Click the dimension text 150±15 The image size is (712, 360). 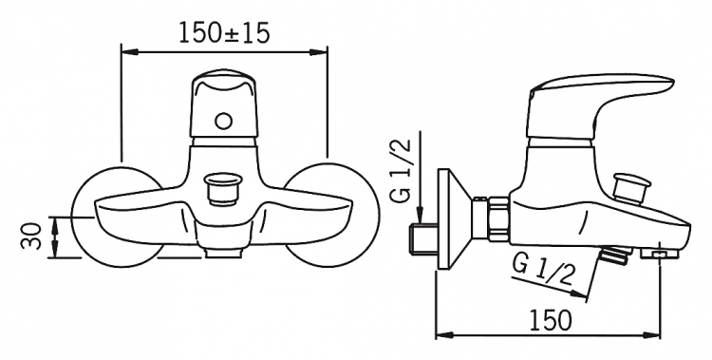tap(224, 32)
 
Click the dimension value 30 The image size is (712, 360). tap(31, 237)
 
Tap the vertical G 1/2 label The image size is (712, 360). tap(400, 170)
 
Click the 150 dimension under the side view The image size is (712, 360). tap(552, 319)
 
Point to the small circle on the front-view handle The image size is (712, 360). tap(223, 121)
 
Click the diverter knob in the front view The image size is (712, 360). tap(222, 189)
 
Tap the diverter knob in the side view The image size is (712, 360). tap(630, 185)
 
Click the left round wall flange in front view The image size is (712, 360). tap(117, 217)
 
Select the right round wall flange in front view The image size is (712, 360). tap(332, 216)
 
